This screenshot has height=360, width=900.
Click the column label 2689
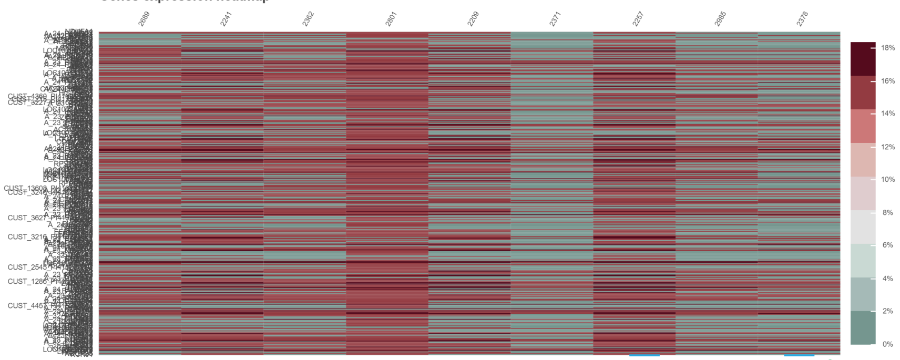tap(144, 19)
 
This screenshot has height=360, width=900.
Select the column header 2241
tap(226, 19)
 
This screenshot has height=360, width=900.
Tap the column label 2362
tap(308, 19)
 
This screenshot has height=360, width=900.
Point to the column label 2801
tap(391, 19)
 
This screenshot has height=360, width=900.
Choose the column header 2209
tap(473, 19)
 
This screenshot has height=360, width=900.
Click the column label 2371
tap(555, 19)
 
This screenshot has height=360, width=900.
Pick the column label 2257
tap(638, 19)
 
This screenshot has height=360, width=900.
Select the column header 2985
tap(720, 19)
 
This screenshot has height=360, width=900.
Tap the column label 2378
tap(802, 19)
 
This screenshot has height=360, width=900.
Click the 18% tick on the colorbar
tap(887, 48)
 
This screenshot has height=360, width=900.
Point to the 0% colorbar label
tap(887, 344)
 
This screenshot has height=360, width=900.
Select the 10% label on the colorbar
tap(887, 180)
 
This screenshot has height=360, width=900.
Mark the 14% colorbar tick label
tap(887, 114)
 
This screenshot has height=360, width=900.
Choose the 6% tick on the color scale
tap(887, 245)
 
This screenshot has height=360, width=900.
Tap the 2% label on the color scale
tap(887, 311)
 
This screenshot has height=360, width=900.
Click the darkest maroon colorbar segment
tap(863, 59)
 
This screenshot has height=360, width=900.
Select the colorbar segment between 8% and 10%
tap(863, 193)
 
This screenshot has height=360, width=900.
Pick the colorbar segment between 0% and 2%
tap(863, 327)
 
